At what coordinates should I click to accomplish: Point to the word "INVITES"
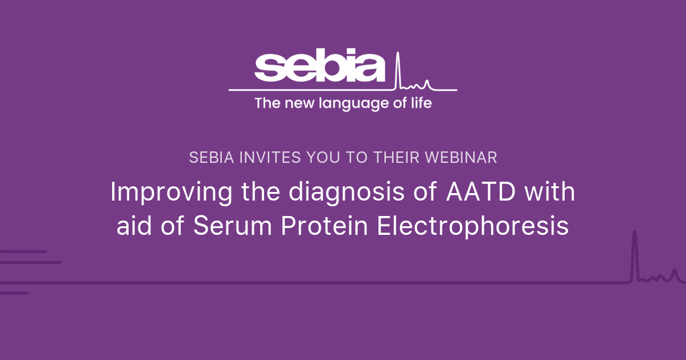pos(256,158)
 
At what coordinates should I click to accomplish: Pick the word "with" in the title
pos(550,193)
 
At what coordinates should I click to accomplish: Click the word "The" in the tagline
pos(265,103)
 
